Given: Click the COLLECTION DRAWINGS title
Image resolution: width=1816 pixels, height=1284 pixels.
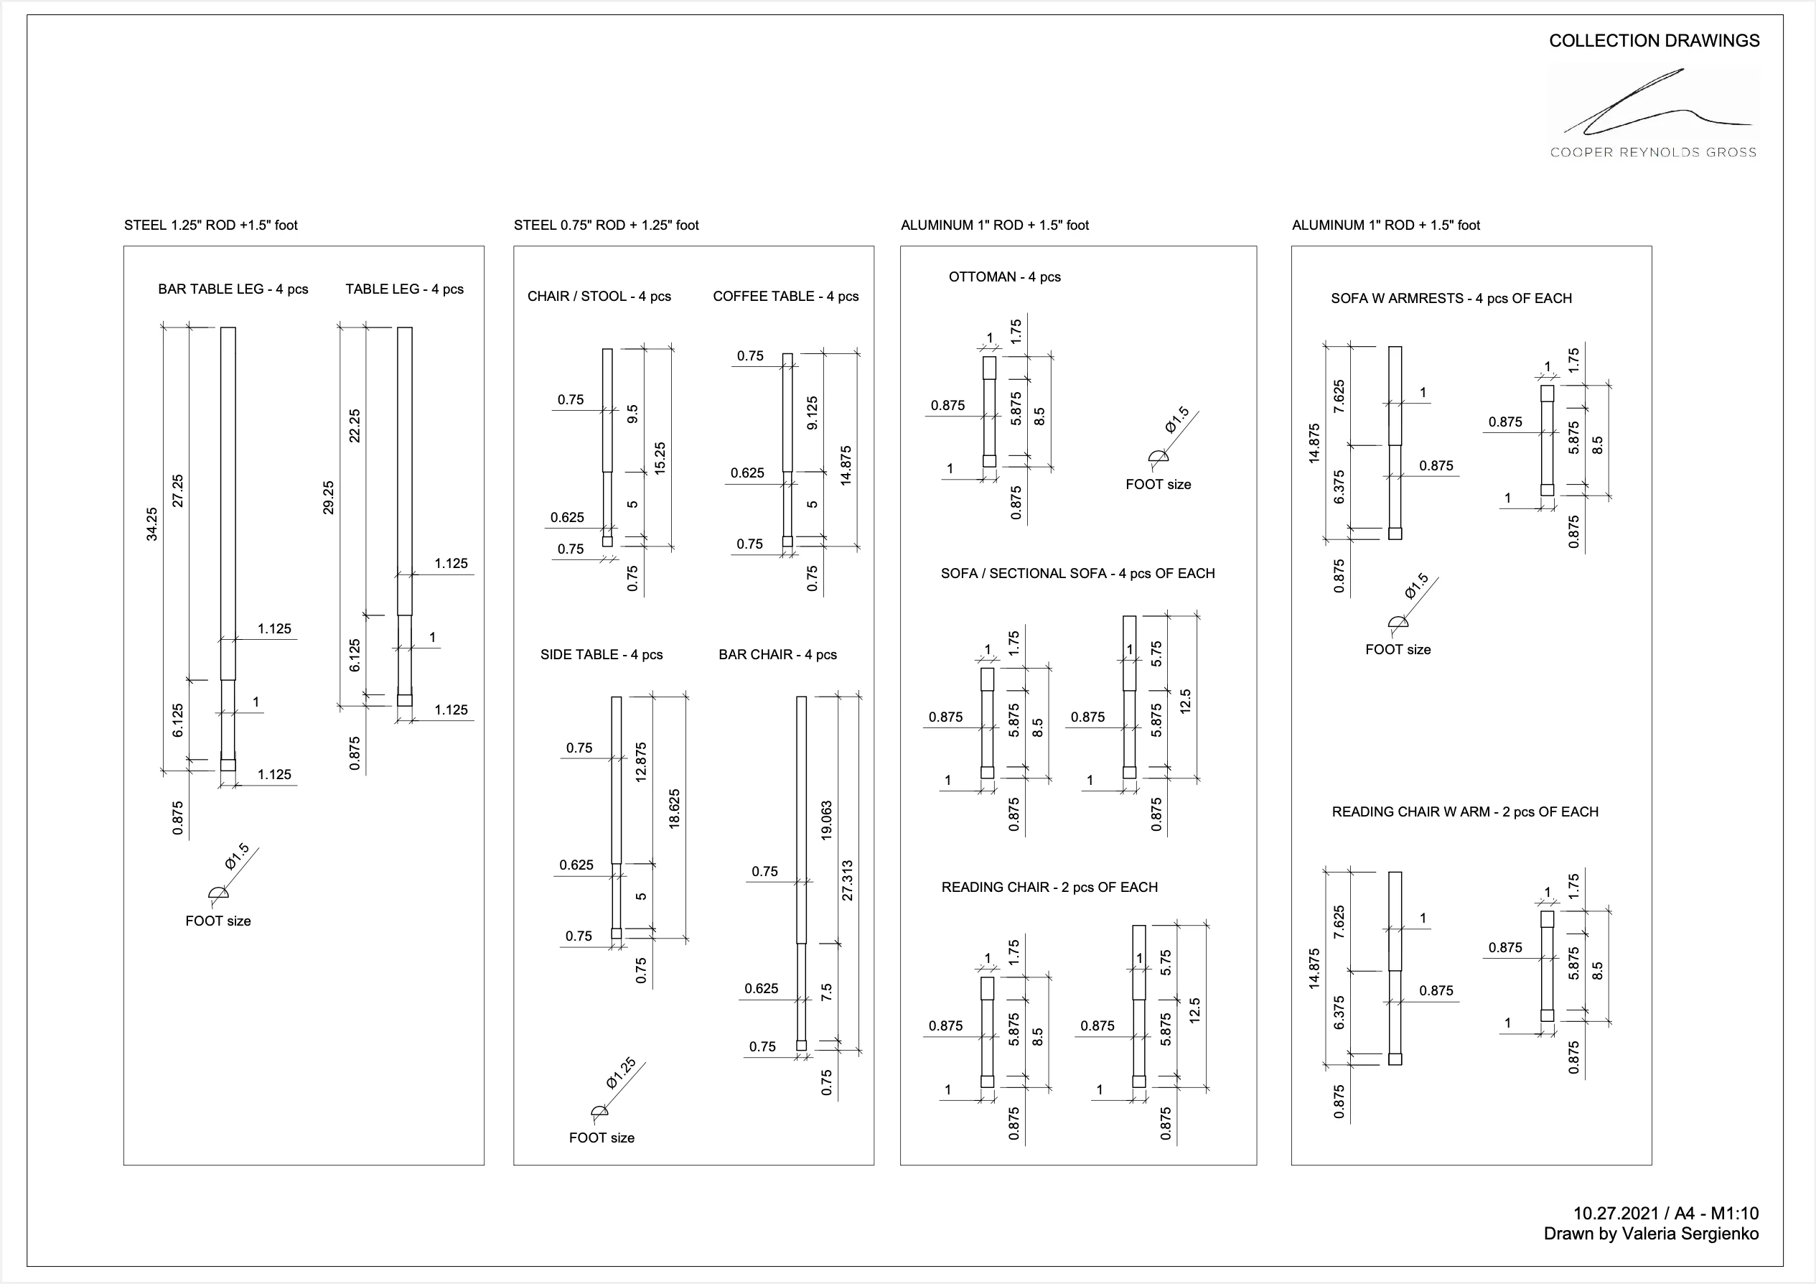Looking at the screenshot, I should coord(1654,41).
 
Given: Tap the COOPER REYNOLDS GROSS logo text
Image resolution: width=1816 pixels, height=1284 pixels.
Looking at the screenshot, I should coord(1653,153).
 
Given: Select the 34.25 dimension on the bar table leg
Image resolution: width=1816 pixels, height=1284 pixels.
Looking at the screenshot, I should coord(152,524).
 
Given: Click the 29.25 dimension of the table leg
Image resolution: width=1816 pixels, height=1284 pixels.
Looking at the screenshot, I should coord(329,498).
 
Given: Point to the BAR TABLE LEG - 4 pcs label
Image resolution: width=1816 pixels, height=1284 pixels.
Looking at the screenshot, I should coord(233,289).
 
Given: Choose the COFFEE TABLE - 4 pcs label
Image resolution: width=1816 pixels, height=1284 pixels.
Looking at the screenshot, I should coord(785,297).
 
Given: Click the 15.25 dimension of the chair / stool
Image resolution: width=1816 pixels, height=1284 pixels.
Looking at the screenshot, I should coord(660,458).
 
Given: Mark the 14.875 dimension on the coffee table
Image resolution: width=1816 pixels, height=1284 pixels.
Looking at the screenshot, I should coord(846,465).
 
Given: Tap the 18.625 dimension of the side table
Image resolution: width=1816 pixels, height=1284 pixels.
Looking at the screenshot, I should coord(675,809).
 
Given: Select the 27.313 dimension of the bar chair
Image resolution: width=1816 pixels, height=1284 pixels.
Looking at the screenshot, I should coord(848,880).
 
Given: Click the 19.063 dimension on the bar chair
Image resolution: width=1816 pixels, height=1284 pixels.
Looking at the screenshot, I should coord(827,820).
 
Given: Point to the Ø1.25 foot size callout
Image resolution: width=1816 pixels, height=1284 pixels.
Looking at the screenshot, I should coord(621,1074).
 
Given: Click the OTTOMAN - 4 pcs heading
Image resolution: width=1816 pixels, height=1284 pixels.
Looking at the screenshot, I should coord(1004,278).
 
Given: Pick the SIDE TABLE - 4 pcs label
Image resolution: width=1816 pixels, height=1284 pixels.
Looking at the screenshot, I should coord(601,655).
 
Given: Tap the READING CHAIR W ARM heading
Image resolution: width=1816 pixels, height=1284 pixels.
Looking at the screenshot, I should coord(1465,812).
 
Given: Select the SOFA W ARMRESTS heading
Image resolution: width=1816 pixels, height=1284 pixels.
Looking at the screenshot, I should coord(1451,299).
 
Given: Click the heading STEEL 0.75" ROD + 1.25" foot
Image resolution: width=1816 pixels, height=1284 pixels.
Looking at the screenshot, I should coord(606,225).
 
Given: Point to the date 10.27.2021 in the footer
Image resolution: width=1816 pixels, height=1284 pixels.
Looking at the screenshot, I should coord(1615,1214).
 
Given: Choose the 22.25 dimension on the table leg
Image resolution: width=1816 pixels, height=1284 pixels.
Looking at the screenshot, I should coord(355,426).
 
